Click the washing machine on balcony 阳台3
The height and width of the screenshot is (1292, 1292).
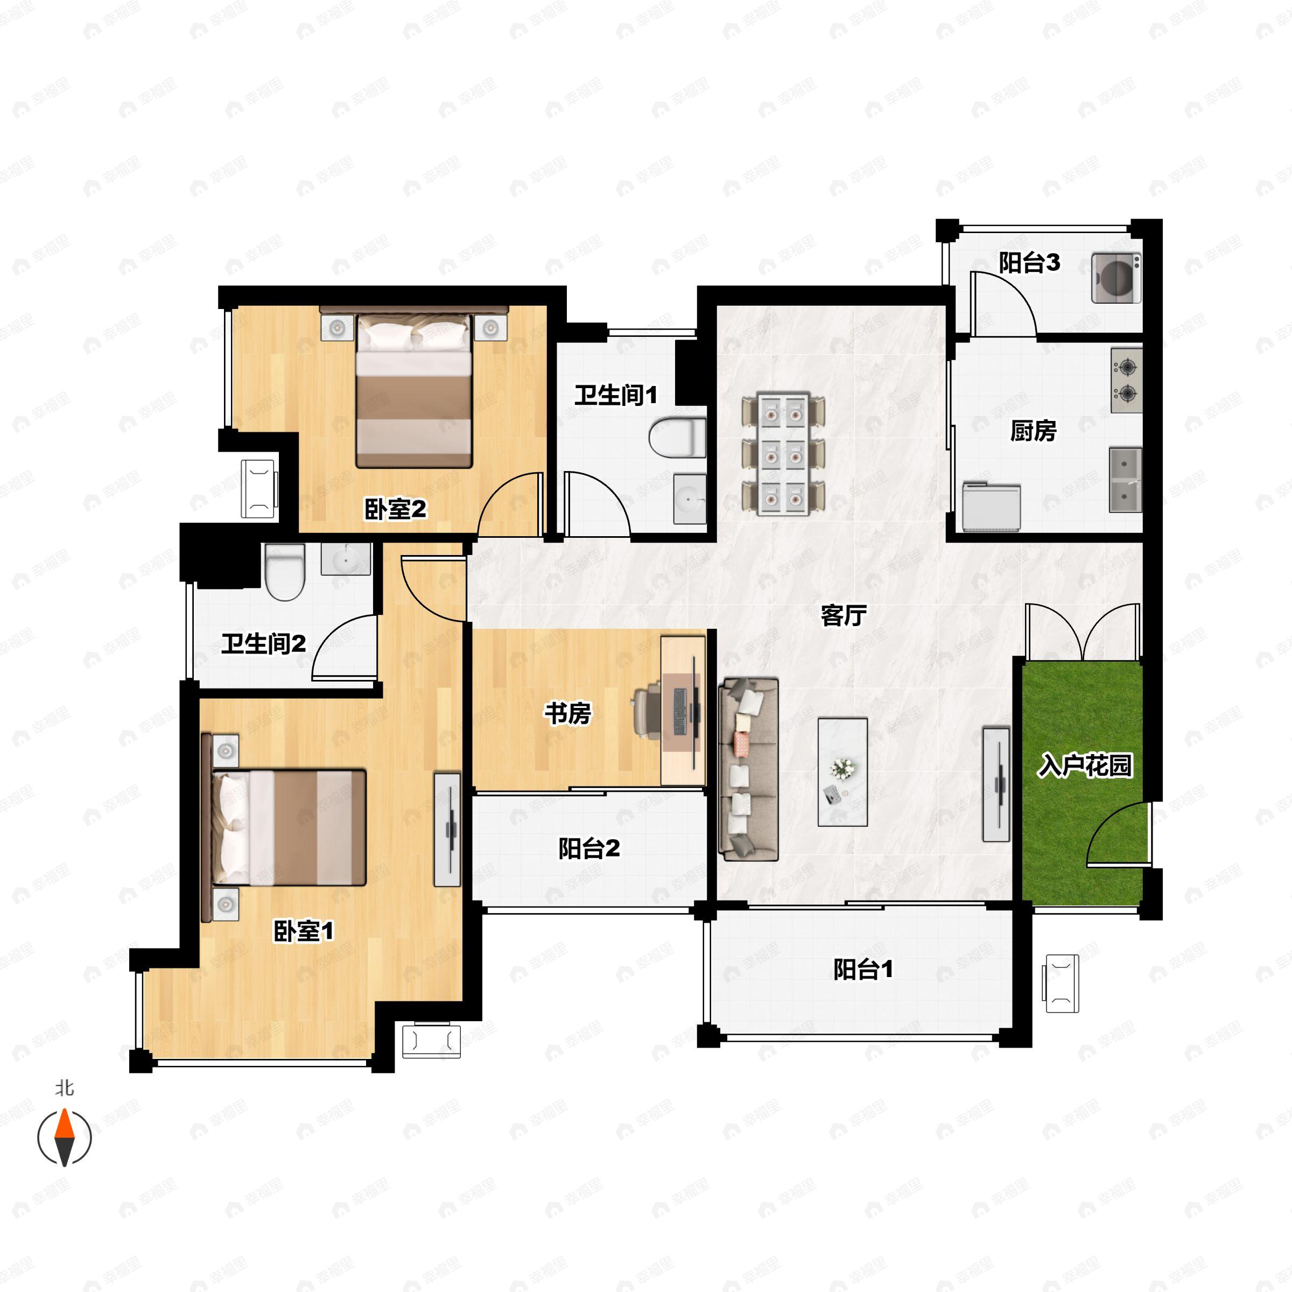pyautogui.click(x=1116, y=278)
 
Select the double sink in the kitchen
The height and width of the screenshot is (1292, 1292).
pyautogui.click(x=1126, y=480)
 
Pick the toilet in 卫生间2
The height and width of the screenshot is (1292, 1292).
pyautogui.click(x=285, y=572)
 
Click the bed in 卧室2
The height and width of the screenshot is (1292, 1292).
pyautogui.click(x=414, y=388)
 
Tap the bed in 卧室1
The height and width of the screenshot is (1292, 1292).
pyautogui.click(x=284, y=827)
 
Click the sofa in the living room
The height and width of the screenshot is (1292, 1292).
pyautogui.click(x=748, y=769)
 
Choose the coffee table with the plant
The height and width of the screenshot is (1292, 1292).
pyautogui.click(x=842, y=772)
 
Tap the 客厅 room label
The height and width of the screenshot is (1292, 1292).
pyautogui.click(x=843, y=615)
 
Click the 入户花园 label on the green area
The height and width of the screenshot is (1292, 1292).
pyautogui.click(x=1085, y=765)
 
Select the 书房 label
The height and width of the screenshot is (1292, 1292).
pyautogui.click(x=568, y=713)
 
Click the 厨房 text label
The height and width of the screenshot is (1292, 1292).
pyautogui.click(x=1033, y=431)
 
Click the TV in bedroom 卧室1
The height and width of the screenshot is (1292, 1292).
pyautogui.click(x=447, y=830)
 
